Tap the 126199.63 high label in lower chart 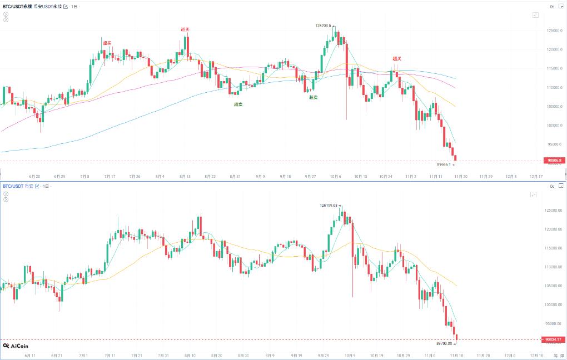pos(329,205)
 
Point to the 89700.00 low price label pos(445,344)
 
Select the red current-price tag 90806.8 pos(554,161)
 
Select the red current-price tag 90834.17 pos(554,339)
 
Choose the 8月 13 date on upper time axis pos(185,176)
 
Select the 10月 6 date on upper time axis pos(335,176)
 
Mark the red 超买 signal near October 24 pos(396,58)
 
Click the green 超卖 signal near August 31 pos(238,104)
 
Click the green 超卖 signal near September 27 pos(314,97)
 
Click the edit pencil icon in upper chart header pos(66,6)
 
